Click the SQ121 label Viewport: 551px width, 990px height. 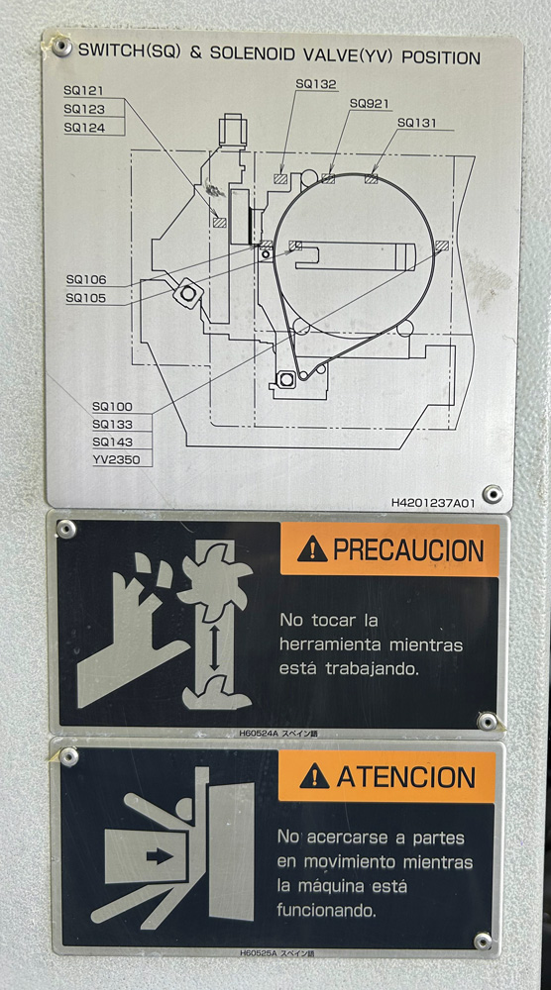click(x=83, y=91)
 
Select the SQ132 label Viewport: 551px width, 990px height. click(x=316, y=84)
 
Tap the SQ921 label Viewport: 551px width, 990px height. click(x=369, y=104)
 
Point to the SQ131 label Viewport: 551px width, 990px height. click(x=417, y=123)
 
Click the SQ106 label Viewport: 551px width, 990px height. click(x=86, y=280)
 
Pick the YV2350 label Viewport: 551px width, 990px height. click(x=116, y=459)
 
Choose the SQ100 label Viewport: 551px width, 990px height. click(x=112, y=407)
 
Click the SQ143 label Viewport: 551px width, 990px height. click(x=112, y=442)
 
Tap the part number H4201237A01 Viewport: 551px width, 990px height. click(x=433, y=503)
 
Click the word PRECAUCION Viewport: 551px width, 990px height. click(x=408, y=549)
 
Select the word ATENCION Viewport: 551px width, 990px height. click(x=405, y=776)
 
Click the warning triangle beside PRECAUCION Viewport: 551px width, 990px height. click(x=312, y=549)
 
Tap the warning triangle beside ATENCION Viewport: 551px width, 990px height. click(x=314, y=776)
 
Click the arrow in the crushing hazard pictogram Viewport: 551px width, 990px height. click(x=160, y=856)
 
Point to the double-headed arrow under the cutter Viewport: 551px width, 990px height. click(x=215, y=648)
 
